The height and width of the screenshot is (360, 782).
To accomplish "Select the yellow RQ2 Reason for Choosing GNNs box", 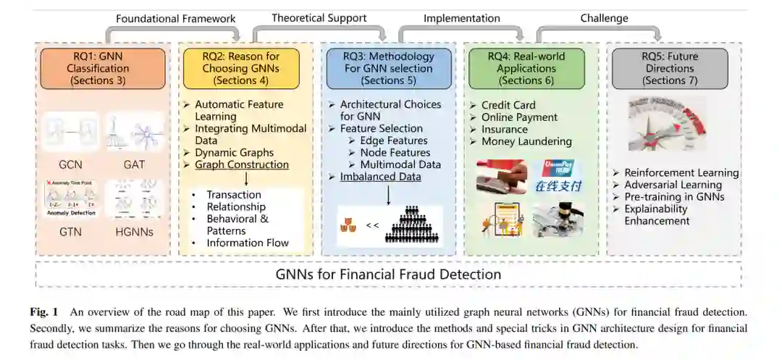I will coord(241,68).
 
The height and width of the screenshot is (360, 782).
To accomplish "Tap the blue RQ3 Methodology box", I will coord(389,68).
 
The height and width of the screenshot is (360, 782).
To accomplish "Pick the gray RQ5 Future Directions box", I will coord(669,68).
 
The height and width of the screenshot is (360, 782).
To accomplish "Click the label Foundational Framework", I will coord(176,19).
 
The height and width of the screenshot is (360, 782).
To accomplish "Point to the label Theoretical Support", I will coord(319,18).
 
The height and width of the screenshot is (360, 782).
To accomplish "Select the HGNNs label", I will coord(135,233).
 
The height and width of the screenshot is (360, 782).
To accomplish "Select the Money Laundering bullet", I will coord(526,141).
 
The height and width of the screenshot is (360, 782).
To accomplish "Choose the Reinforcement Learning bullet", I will coord(681,173).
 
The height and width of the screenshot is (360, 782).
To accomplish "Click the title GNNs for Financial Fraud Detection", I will coord(388,275).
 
